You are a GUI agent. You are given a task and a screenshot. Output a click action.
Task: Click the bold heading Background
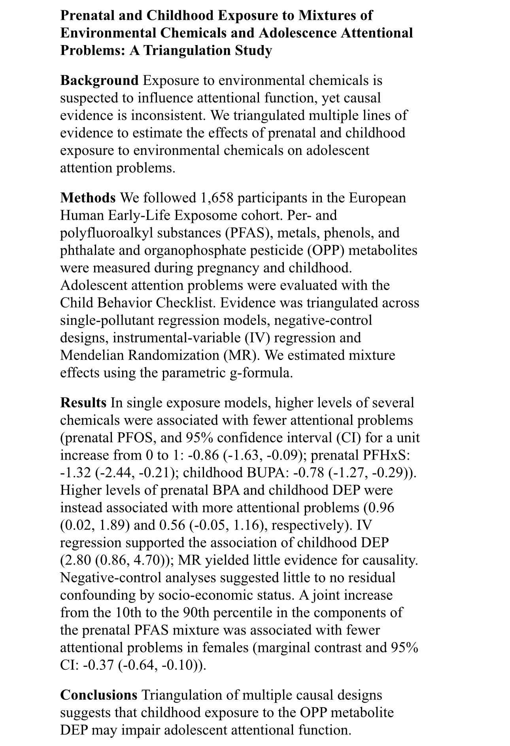tap(99, 81)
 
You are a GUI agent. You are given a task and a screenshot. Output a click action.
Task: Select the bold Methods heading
tap(88, 198)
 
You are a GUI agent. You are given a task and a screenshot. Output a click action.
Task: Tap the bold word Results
tap(83, 403)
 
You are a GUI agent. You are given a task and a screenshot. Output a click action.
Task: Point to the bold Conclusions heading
tap(98, 695)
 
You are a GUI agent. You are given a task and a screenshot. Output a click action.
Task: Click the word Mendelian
tap(93, 355)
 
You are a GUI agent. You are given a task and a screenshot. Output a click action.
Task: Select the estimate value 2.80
tap(77, 560)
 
